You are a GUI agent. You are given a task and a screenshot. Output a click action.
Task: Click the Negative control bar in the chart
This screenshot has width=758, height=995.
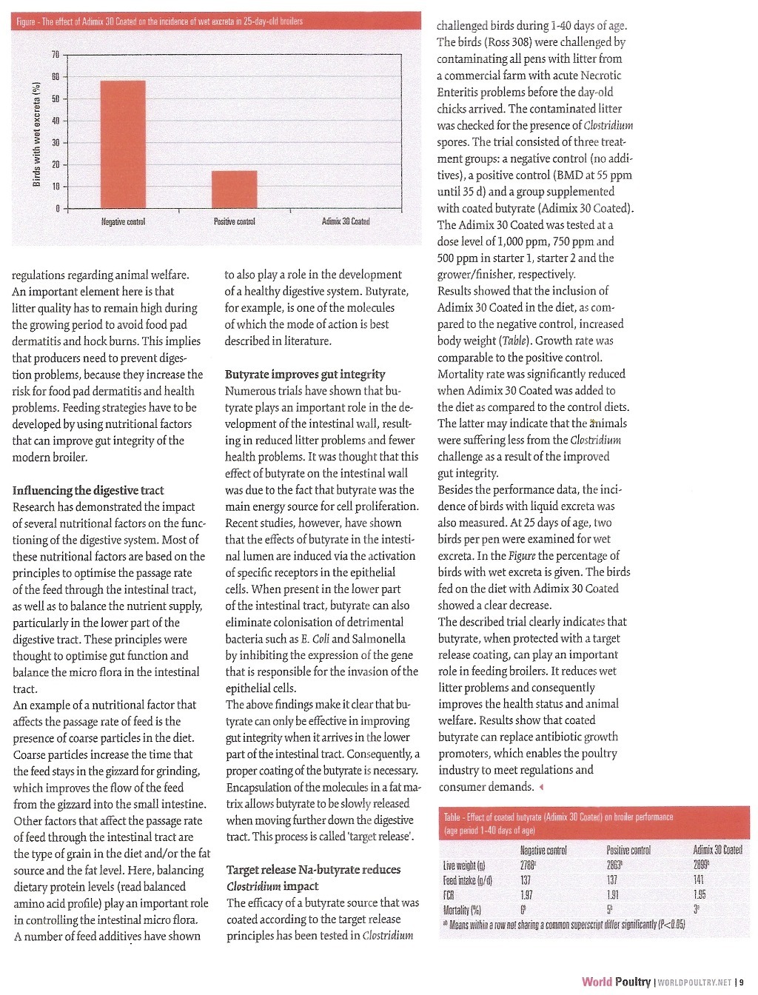tap(123, 144)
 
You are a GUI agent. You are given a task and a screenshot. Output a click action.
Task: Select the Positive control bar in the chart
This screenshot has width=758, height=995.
tap(234, 190)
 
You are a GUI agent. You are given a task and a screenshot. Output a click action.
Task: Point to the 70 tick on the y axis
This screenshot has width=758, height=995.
tap(56, 55)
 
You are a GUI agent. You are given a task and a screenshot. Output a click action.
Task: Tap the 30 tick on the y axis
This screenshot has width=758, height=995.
tap(56, 142)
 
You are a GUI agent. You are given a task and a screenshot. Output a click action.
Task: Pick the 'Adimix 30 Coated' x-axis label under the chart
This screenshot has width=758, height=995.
tap(346, 221)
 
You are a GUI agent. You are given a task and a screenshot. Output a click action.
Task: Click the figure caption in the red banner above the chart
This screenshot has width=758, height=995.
tap(159, 21)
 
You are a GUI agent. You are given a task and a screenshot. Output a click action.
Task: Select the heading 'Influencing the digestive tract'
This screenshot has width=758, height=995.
tap(88, 490)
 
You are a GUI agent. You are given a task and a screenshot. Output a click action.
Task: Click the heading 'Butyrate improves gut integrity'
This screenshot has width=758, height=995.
tap(305, 374)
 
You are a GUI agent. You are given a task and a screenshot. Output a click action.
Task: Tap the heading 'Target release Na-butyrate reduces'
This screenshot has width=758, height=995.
tap(313, 869)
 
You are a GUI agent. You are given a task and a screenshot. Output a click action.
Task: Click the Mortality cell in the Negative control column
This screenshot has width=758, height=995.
tap(523, 909)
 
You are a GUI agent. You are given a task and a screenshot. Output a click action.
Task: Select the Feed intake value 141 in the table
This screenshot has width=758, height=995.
tap(698, 880)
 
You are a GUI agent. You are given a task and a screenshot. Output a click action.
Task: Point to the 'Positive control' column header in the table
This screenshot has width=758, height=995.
tap(628, 850)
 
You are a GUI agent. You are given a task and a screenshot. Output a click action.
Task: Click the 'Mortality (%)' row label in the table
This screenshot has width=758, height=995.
tap(462, 910)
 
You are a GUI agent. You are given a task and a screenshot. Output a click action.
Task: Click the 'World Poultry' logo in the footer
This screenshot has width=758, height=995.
tap(616, 982)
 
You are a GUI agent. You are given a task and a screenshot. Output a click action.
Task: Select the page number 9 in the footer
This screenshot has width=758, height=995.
tap(741, 982)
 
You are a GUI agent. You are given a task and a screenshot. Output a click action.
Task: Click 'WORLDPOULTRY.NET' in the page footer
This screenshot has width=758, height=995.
tap(694, 982)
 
